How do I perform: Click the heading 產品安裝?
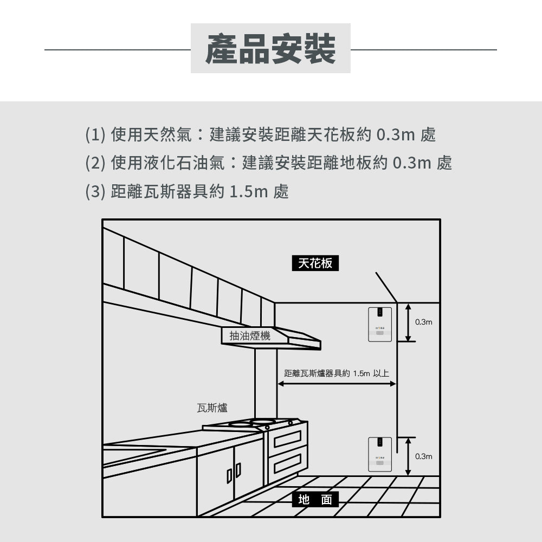coord(270,49)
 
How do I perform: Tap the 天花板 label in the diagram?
coord(315,263)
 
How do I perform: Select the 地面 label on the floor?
coord(315,499)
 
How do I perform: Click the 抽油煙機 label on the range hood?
coord(250,336)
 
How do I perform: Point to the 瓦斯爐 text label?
coord(212,408)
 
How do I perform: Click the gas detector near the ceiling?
coord(380,325)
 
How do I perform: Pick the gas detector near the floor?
coord(380,453)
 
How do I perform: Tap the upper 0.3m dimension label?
coord(424,322)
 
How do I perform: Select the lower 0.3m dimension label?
coord(424,456)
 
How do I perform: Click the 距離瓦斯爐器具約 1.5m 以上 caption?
coord(337,373)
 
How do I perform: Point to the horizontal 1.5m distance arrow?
coord(337,384)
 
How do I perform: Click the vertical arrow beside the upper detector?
coord(408,322)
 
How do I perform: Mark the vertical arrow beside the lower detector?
coord(408,456)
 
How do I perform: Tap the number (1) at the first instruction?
coord(95,134)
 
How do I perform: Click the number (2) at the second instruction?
coord(95,163)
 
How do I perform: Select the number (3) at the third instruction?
coord(95,191)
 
